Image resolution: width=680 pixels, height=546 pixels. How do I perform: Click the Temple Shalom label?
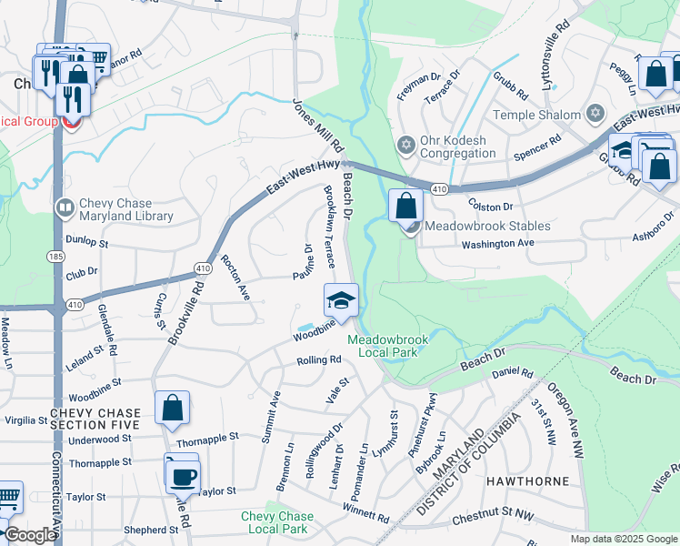pyautogui.click(x=535, y=115)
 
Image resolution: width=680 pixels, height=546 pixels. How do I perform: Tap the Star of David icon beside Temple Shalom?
pyautogui.click(x=595, y=114)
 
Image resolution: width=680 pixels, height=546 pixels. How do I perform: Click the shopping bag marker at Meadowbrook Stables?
pyautogui.click(x=406, y=205)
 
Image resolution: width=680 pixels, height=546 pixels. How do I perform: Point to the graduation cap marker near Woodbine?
pyautogui.click(x=341, y=299)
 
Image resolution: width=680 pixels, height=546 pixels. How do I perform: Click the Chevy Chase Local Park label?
pyautogui.click(x=276, y=522)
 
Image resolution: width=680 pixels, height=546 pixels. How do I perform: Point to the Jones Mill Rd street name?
pyautogui.click(x=318, y=126)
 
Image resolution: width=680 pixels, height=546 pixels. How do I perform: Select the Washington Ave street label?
pyautogui.click(x=497, y=244)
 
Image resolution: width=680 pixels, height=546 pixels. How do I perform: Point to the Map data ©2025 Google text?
pyautogui.click(x=624, y=539)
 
